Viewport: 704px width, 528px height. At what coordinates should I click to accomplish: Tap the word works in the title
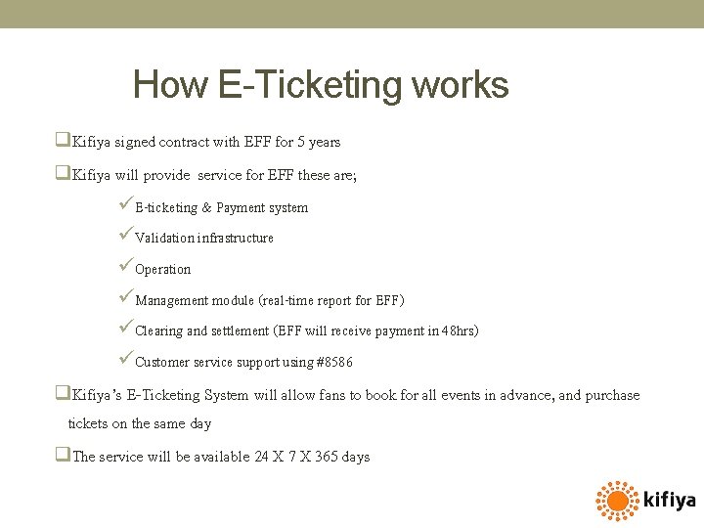(x=461, y=86)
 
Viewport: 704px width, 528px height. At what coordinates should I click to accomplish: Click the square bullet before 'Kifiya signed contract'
(x=63, y=141)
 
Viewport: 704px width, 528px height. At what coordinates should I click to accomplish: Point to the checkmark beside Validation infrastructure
(x=123, y=237)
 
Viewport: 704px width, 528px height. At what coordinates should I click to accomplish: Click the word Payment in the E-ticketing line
(x=240, y=208)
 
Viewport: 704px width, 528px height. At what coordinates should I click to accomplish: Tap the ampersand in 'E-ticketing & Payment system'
(x=206, y=208)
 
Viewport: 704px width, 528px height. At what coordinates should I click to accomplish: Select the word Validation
(x=164, y=239)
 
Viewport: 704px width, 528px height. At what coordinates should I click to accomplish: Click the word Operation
(x=163, y=270)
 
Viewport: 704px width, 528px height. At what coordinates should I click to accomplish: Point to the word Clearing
(x=158, y=331)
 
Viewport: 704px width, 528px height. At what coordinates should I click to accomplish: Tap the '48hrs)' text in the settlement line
(x=460, y=331)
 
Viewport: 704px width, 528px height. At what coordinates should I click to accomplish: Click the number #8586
(x=335, y=363)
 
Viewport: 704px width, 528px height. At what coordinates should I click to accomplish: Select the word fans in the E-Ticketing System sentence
(x=334, y=396)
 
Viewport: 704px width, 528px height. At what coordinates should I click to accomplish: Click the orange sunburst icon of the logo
(x=617, y=501)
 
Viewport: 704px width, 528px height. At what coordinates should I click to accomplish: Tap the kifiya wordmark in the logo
(x=670, y=501)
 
